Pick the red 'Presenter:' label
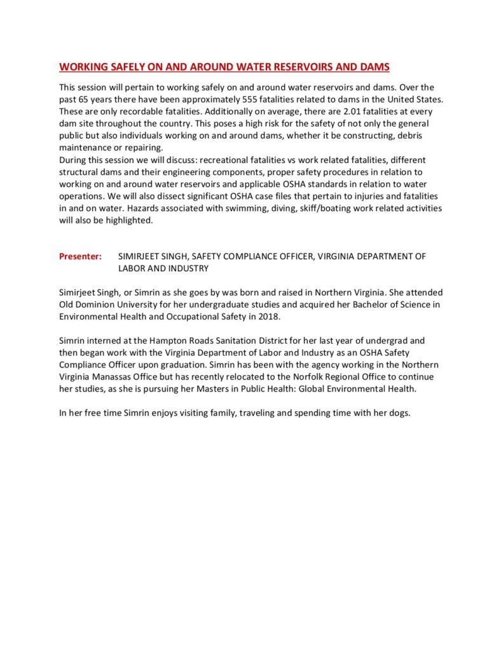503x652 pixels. click(x=80, y=256)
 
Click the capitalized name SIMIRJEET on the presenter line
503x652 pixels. click(x=141, y=256)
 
